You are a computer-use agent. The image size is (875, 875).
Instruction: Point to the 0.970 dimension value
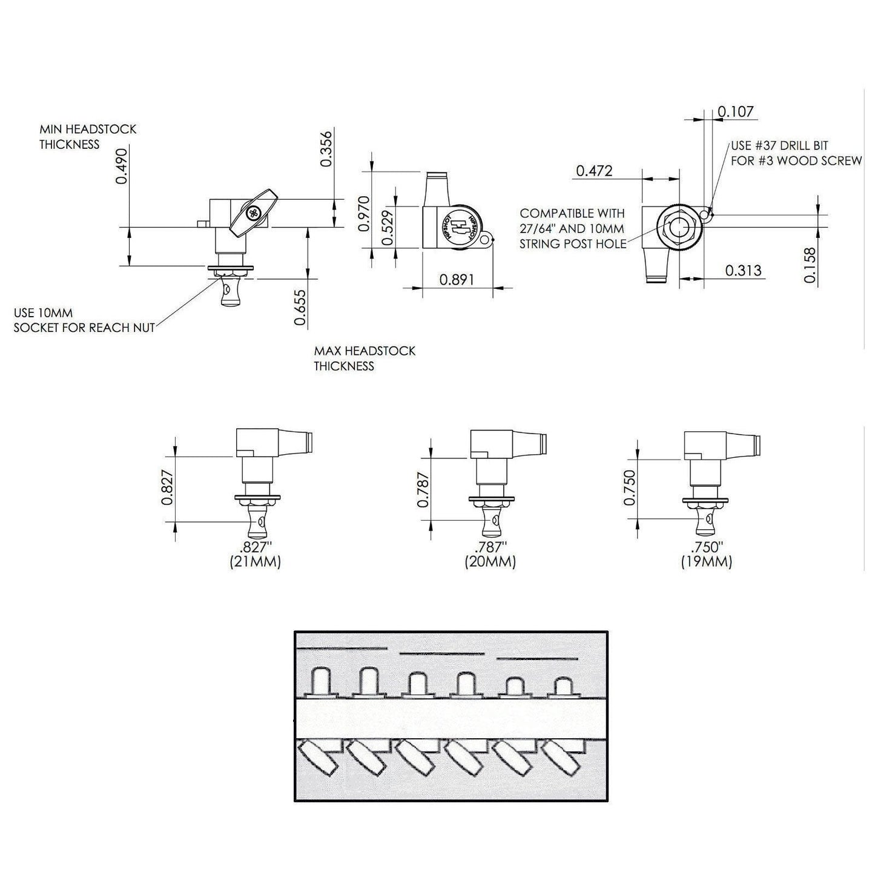(x=363, y=214)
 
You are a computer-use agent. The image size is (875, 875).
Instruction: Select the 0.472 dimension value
(x=594, y=171)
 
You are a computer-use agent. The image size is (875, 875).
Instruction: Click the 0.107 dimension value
(x=736, y=111)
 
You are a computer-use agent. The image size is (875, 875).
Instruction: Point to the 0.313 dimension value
(x=743, y=270)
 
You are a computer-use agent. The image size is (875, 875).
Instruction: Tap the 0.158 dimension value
(x=810, y=265)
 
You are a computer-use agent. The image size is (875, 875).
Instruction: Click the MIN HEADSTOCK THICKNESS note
(x=88, y=137)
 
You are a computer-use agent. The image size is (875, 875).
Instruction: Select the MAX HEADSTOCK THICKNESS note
(x=365, y=358)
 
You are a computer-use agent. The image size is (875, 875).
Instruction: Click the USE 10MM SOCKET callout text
(x=84, y=320)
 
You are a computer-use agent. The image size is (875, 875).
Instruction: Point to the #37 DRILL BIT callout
(x=796, y=153)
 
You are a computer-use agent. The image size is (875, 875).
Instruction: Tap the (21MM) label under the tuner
(x=255, y=562)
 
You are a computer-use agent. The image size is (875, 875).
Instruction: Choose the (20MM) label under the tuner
(x=490, y=562)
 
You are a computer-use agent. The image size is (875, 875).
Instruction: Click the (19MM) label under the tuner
(x=706, y=562)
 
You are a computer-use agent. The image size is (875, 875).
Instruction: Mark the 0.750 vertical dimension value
(x=630, y=487)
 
